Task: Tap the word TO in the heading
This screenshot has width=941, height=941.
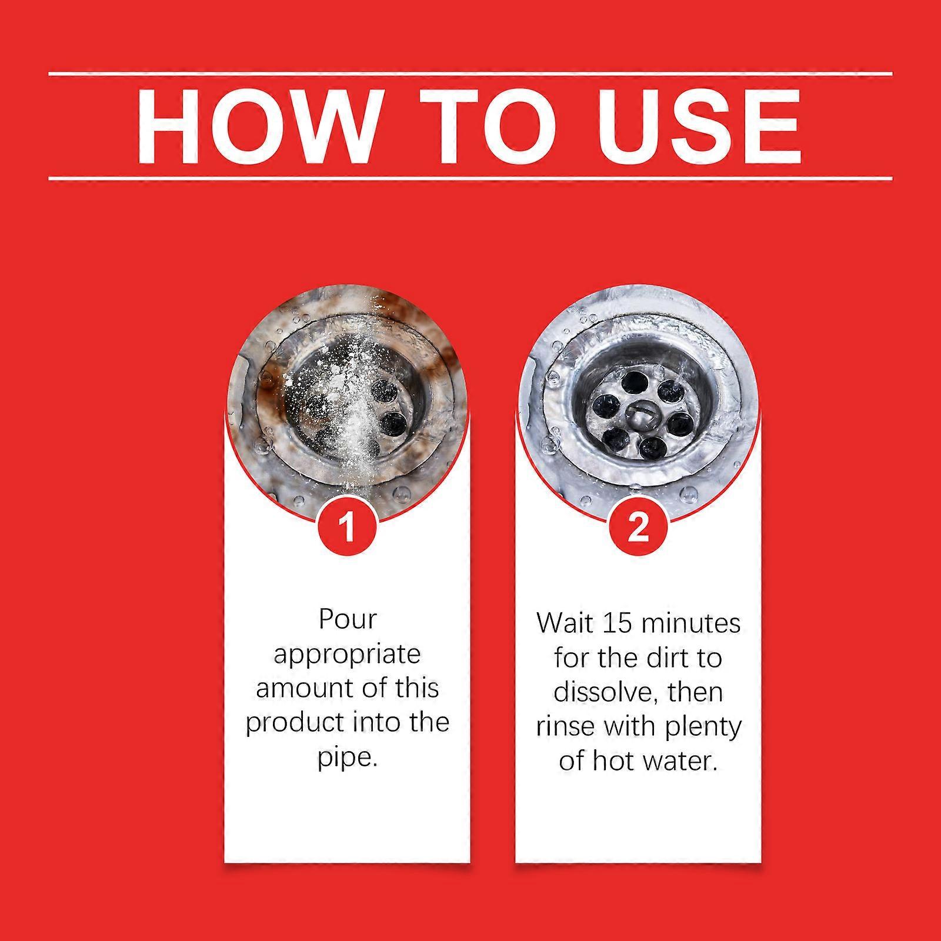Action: pyautogui.click(x=480, y=126)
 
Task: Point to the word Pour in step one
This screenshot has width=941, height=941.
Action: pyautogui.click(x=347, y=619)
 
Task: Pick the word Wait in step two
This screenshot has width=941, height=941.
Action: pyautogui.click(x=565, y=623)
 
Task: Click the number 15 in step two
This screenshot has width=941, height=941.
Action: pyautogui.click(x=617, y=623)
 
